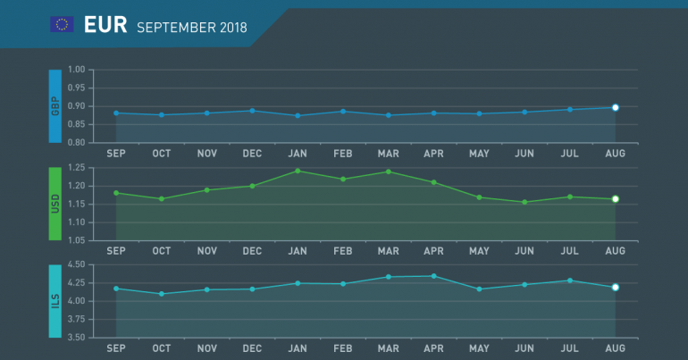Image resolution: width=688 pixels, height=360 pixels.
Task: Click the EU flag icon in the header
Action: [62, 25]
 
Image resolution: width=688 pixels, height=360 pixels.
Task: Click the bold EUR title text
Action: [105, 25]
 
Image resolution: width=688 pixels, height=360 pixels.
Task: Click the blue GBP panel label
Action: [55, 106]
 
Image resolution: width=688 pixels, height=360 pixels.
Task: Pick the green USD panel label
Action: [55, 204]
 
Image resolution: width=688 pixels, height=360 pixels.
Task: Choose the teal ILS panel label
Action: [55, 301]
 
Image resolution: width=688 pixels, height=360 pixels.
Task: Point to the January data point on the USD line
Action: [298, 171]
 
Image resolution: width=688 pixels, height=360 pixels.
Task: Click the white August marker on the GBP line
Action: [616, 107]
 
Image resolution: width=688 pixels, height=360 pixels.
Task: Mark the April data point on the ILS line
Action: [434, 276]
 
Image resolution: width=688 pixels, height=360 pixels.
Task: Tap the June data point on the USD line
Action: [524, 202]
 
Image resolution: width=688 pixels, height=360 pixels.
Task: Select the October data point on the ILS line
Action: [162, 294]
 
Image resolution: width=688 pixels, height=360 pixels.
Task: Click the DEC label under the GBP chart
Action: [252, 154]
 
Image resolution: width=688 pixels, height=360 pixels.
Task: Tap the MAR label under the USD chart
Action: [389, 251]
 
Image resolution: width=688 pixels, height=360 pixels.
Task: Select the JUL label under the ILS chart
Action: [570, 348]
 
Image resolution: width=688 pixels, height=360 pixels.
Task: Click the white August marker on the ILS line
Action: [616, 287]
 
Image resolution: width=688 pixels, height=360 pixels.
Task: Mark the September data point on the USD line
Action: [116, 193]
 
